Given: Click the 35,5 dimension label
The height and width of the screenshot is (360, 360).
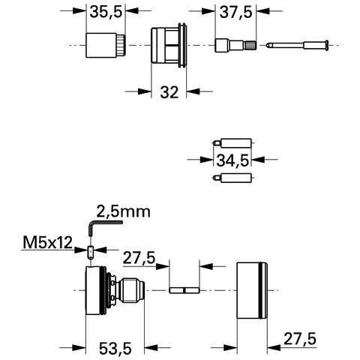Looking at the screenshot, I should (x=104, y=12).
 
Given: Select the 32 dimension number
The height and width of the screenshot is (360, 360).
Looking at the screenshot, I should (x=169, y=91).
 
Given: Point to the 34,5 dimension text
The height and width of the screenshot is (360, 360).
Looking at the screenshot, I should (x=232, y=159).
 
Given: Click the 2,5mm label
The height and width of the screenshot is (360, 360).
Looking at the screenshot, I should (x=122, y=211).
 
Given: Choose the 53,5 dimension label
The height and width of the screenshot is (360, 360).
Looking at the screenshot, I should (x=117, y=348).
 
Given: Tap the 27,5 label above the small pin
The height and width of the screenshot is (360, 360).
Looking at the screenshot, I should (x=139, y=258).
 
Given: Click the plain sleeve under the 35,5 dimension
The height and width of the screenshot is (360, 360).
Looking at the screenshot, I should (x=104, y=46).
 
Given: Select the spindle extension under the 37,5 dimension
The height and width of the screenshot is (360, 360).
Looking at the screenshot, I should (x=235, y=46).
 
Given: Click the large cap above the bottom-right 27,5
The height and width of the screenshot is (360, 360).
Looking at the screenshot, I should (x=253, y=289).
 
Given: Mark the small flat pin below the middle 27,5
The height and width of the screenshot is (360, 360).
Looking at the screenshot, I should (x=184, y=289).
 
